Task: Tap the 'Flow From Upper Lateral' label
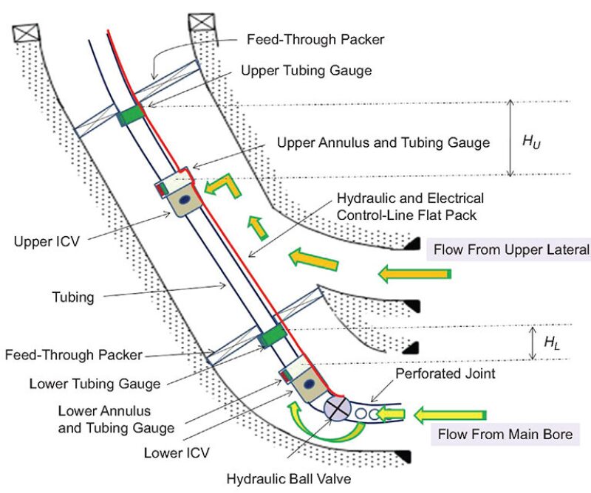[x=511, y=249]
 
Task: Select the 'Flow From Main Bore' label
[x=505, y=434]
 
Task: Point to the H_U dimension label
[x=530, y=140]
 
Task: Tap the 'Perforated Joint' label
[x=445, y=374]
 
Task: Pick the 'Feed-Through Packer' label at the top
[x=315, y=39]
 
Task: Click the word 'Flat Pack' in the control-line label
[x=450, y=216]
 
